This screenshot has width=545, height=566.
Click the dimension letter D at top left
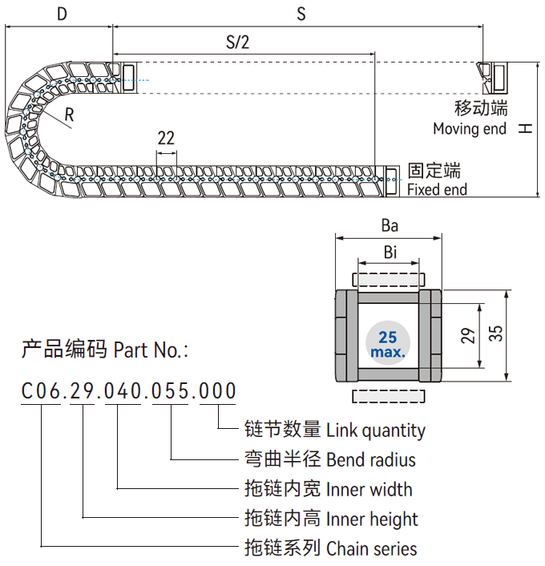click(x=62, y=14)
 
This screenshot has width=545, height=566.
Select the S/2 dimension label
click(x=237, y=43)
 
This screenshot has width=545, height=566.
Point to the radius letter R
click(x=70, y=115)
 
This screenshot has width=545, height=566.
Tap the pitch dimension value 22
click(x=166, y=138)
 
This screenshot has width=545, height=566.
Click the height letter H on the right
click(x=524, y=128)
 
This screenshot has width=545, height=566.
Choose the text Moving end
click(x=470, y=128)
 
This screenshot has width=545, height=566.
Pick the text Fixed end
click(x=437, y=190)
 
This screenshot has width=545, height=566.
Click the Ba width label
click(x=390, y=226)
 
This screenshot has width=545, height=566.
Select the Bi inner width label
click(x=390, y=253)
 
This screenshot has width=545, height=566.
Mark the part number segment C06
click(x=40, y=391)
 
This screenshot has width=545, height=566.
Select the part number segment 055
click(x=170, y=391)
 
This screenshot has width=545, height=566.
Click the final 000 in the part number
click(x=217, y=391)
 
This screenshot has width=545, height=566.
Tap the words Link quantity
click(x=376, y=431)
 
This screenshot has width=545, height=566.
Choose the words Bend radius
click(x=371, y=460)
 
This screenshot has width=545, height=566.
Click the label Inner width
click(x=369, y=490)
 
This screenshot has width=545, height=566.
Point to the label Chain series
click(x=372, y=549)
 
